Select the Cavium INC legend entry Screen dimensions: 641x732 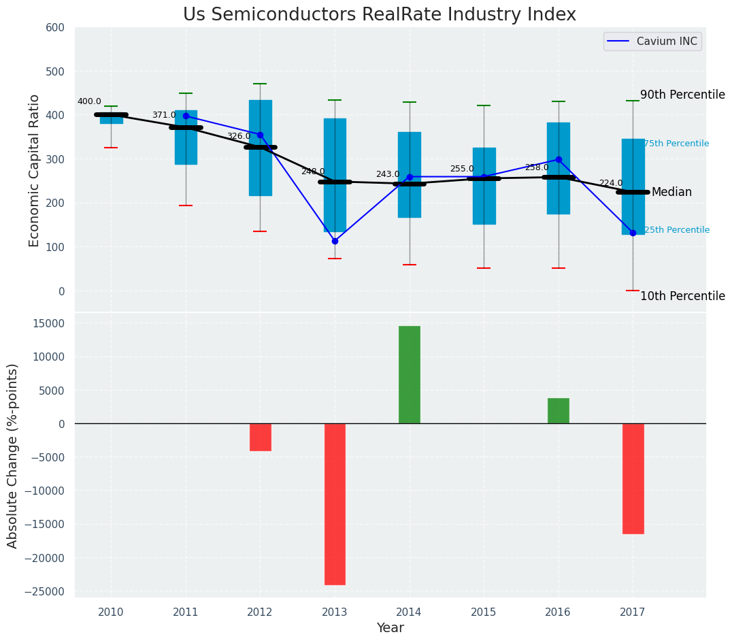click(652, 42)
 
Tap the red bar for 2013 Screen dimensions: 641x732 click(335, 504)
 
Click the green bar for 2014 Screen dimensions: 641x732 click(410, 374)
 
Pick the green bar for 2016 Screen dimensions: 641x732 click(559, 410)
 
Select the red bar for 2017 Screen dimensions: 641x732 click(633, 478)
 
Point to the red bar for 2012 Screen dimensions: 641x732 click(261, 437)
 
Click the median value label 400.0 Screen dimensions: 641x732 click(89, 101)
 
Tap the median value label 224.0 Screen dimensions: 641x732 click(611, 183)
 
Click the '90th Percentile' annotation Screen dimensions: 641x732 click(682, 95)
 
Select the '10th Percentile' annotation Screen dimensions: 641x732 click(682, 296)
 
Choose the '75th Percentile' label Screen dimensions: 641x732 click(676, 144)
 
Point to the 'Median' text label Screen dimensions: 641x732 click(671, 193)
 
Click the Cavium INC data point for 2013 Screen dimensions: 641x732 click(335, 241)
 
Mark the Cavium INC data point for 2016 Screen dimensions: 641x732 click(559, 159)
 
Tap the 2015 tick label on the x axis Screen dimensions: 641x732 click(484, 612)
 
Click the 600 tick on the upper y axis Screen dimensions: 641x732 click(55, 28)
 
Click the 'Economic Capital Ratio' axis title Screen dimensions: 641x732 click(35, 170)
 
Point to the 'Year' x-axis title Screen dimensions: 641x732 click(390, 628)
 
